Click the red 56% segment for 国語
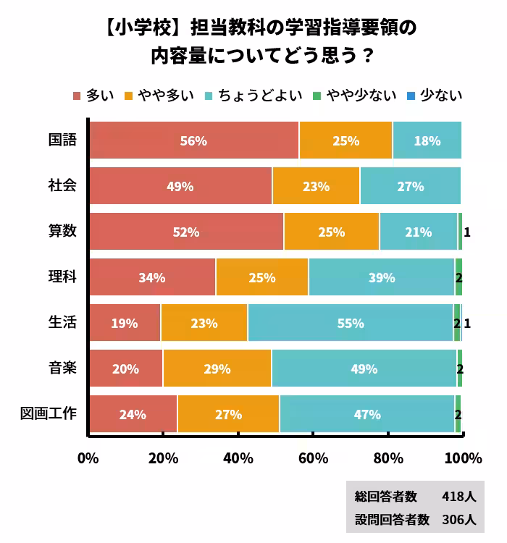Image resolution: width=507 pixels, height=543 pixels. [x=193, y=140]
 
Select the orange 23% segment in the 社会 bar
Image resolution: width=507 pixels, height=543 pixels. [x=316, y=186]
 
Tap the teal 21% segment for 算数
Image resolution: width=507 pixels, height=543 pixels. [x=418, y=232]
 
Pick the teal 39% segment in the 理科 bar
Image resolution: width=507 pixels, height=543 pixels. [x=381, y=277]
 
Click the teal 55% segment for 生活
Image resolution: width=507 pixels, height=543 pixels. [x=351, y=323]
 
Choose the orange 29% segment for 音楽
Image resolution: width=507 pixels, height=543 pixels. [x=217, y=369]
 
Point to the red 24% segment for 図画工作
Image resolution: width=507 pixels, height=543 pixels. [x=133, y=414]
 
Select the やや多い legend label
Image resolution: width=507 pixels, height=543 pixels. [x=171, y=95]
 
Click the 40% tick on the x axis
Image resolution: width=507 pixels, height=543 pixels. [x=238, y=458]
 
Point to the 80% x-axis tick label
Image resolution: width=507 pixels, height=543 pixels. [x=388, y=458]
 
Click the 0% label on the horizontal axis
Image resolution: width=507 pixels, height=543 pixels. [x=88, y=458]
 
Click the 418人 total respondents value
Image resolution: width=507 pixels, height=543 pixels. [x=458, y=497]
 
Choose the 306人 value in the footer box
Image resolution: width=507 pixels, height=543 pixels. [x=458, y=519]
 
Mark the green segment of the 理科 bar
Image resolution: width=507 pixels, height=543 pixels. [x=458, y=277]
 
